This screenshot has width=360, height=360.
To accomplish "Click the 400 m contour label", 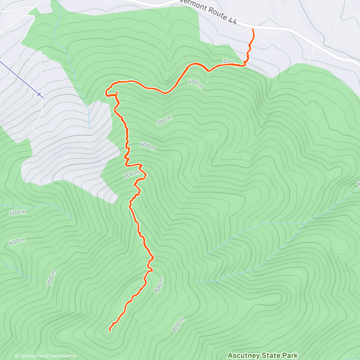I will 196,84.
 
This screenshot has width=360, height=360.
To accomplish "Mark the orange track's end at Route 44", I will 253,29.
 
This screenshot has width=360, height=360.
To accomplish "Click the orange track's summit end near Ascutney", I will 110,331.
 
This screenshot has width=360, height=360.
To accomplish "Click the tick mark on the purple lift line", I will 39,94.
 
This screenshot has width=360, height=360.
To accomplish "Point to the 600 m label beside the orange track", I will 147,146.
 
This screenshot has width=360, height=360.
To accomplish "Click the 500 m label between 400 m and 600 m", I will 164,120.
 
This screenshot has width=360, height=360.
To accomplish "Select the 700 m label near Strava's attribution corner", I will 51,278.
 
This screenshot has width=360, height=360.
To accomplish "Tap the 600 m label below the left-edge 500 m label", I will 17,241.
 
